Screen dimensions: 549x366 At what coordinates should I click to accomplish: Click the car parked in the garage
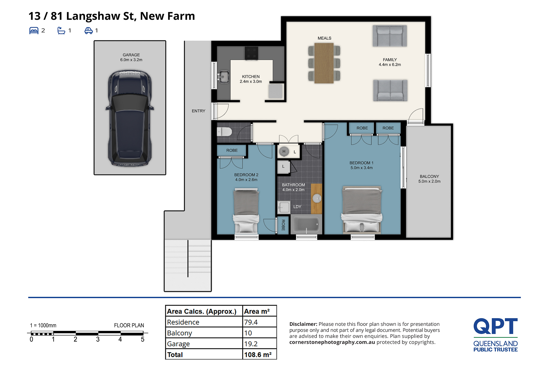[x=130, y=118]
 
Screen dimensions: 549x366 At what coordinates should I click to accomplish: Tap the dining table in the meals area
[x=324, y=63]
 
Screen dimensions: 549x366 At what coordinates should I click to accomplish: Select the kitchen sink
[x=223, y=77]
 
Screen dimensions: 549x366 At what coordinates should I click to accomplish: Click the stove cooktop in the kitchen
[x=252, y=53]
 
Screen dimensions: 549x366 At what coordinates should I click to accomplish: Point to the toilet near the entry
[x=224, y=132]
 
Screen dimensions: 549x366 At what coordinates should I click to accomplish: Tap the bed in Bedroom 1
[x=362, y=209]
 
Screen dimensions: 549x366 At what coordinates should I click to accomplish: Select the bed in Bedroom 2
[x=246, y=210]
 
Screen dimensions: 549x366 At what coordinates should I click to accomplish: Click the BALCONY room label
[x=429, y=177]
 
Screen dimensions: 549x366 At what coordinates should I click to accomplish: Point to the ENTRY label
[x=198, y=111]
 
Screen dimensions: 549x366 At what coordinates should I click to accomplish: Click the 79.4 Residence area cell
[x=251, y=322]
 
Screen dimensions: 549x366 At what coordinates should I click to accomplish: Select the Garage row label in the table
[x=178, y=344]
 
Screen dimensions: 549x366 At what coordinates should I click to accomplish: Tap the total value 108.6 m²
[x=258, y=355]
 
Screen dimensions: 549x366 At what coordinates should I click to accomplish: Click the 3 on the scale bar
[x=98, y=339]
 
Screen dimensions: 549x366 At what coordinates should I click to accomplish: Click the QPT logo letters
[x=496, y=326]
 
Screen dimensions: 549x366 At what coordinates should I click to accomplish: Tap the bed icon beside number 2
[x=34, y=31]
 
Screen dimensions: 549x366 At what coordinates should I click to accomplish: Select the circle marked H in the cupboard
[x=284, y=151]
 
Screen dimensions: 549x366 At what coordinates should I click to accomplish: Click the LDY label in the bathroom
[x=297, y=207]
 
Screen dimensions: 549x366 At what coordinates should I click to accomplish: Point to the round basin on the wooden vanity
[x=317, y=198]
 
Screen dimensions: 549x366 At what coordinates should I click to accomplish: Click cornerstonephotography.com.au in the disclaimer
[x=332, y=342]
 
